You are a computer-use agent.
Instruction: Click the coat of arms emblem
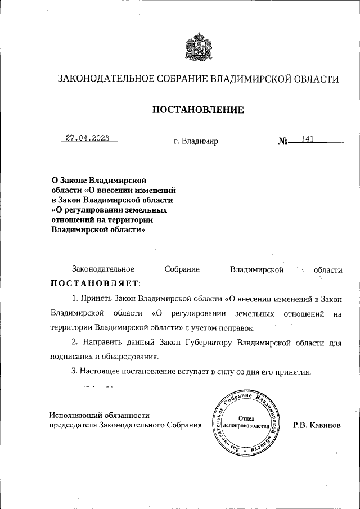pos(197,48)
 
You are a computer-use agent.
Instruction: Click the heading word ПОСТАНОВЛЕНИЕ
pos(198,110)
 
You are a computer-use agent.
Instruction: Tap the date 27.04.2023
pos(87,138)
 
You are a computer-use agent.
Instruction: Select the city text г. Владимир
pos(196,141)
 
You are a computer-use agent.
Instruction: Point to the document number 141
pos(307,138)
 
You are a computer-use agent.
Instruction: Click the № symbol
pos(283,141)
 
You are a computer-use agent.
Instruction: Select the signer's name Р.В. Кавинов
pos(317,426)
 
